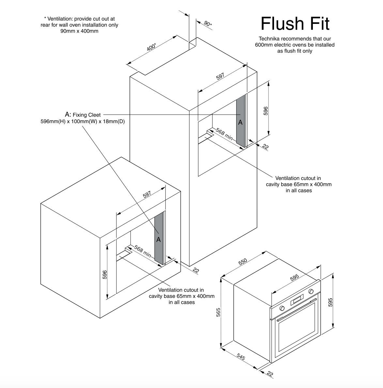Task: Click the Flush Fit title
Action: [295, 24]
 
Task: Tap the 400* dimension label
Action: [151, 47]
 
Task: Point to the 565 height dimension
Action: [219, 312]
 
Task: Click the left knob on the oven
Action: [282, 308]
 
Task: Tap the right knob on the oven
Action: [311, 291]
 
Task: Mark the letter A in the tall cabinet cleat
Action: [240, 122]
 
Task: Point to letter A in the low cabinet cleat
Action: [159, 239]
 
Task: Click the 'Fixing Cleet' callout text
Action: [86, 115]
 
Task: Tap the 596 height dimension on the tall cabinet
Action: [266, 111]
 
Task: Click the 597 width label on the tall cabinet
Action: [221, 77]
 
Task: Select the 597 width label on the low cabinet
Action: [147, 195]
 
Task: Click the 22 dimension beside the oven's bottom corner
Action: [270, 374]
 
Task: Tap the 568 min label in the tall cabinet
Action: [224, 135]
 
